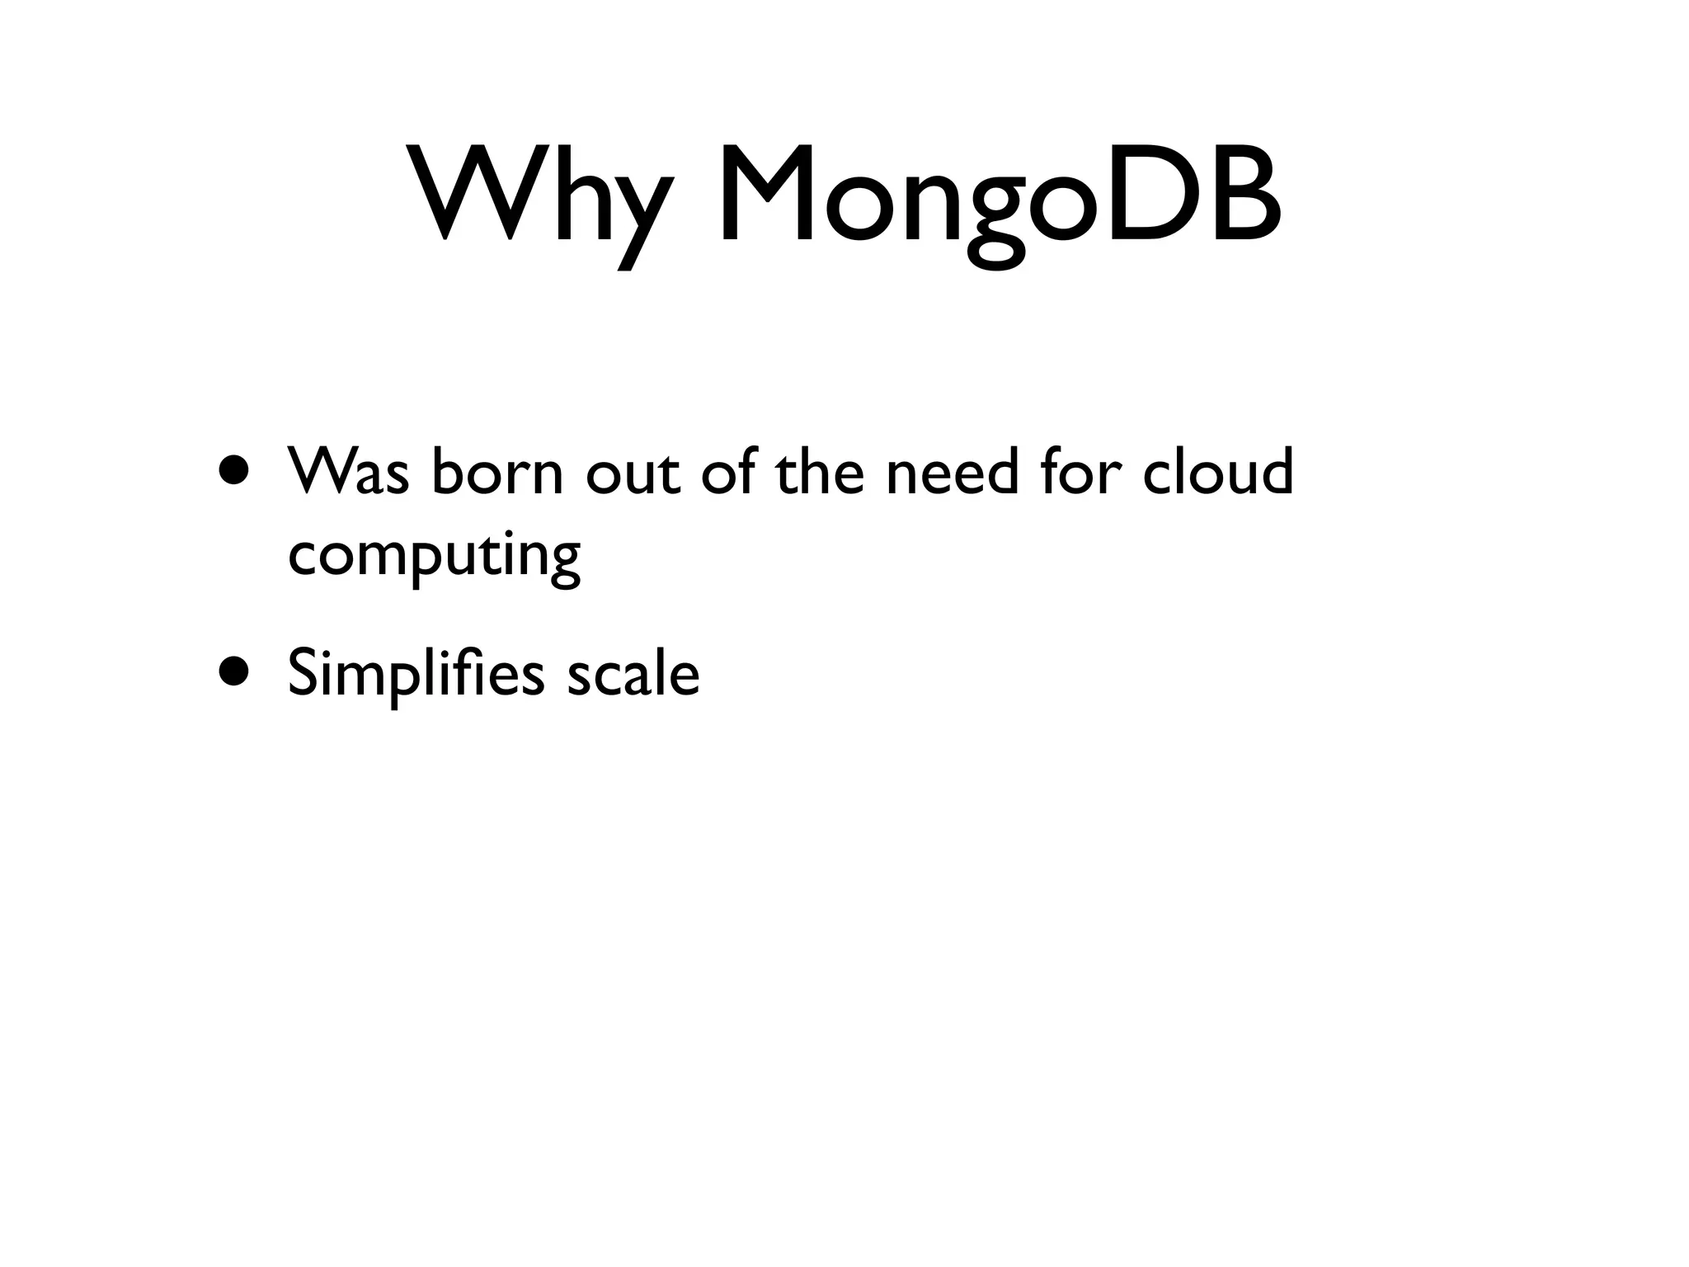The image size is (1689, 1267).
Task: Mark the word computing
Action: [435, 557]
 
